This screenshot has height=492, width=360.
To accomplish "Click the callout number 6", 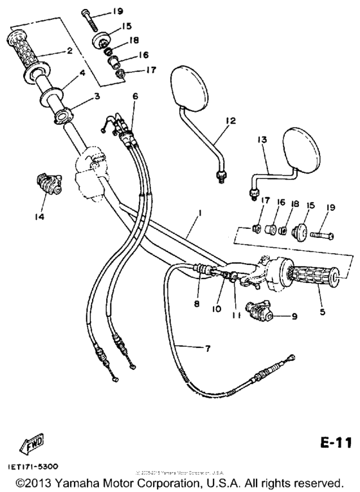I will [x=135, y=96].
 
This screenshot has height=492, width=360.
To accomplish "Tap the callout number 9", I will [x=295, y=316].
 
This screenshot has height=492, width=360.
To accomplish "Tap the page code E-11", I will [x=335, y=443].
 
